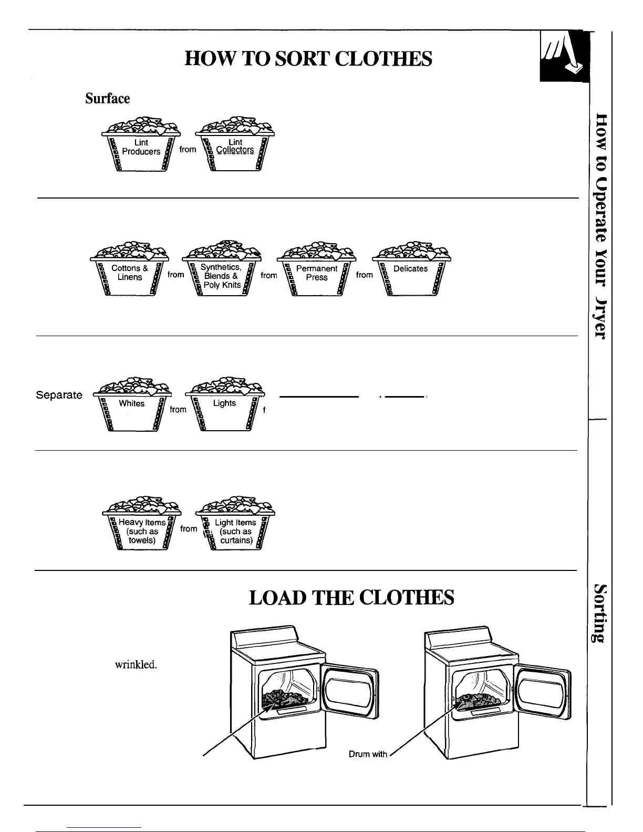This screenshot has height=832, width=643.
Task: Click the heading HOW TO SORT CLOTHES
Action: coord(308,59)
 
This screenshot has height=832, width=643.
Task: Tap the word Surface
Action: coord(108,99)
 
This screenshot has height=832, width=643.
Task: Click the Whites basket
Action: coord(131,407)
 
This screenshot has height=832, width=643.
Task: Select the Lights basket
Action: coord(224,407)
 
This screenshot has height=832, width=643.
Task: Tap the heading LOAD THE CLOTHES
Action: coord(351,598)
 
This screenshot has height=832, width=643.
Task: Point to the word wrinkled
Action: coord(136,664)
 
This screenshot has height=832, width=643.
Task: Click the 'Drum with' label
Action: coord(368,754)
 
